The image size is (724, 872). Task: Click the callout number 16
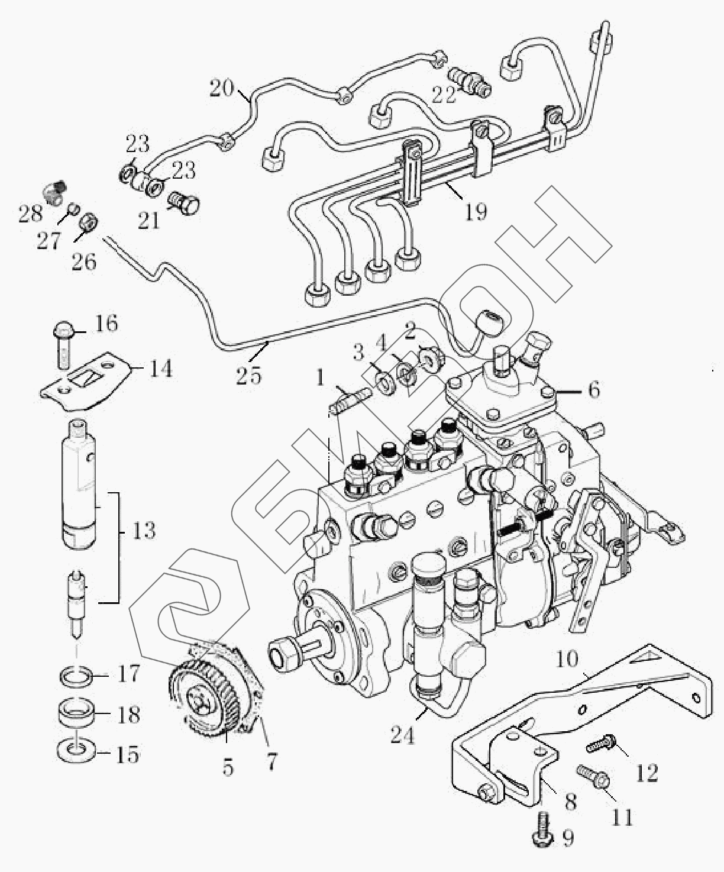[x=107, y=324]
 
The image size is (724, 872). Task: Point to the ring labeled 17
[x=77, y=674]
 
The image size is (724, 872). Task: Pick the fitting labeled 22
[x=468, y=83]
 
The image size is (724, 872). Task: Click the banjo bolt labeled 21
[x=185, y=202]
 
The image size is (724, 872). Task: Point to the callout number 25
[x=248, y=375]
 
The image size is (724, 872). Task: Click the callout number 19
[x=476, y=211]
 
